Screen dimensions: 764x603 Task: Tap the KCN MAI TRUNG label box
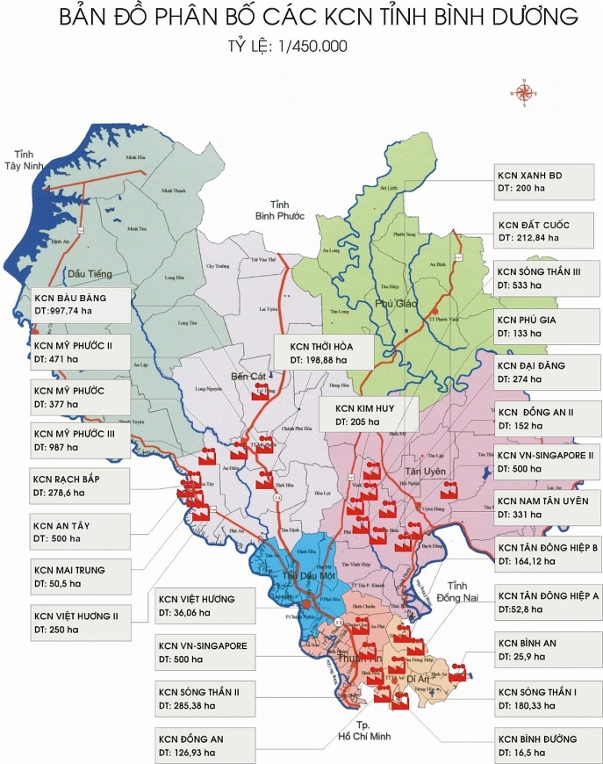tap(80, 576)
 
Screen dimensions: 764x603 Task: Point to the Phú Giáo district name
tap(394, 304)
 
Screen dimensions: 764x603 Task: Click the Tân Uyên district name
tap(430, 472)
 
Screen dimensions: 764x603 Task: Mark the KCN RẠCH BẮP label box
tap(80, 485)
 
